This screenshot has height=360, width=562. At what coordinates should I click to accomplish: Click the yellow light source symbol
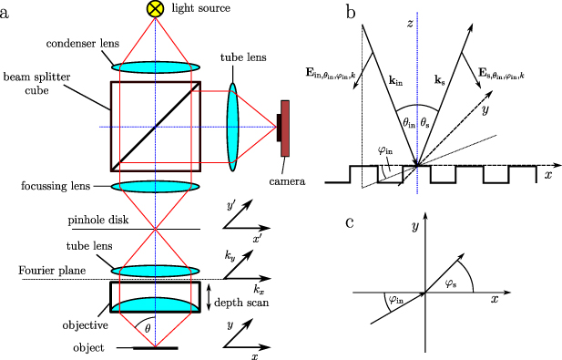coord(156,9)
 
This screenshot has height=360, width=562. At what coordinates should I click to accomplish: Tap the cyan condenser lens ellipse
coord(156,67)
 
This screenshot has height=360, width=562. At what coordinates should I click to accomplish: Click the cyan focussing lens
coord(156,186)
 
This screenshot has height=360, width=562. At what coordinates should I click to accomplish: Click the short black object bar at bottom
coord(156,348)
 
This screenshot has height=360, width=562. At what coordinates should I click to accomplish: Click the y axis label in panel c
coord(415,224)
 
